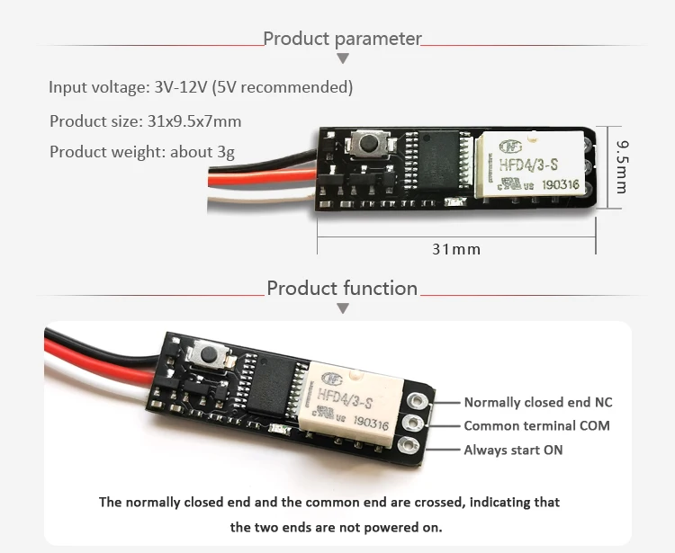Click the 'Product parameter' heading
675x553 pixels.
[342, 39]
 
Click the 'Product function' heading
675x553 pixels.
[342, 289]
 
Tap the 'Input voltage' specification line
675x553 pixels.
[201, 87]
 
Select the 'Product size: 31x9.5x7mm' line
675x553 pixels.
[145, 120]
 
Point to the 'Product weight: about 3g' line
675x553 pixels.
[141, 151]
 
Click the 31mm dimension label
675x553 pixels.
[456, 249]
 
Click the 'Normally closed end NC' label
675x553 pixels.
[537, 403]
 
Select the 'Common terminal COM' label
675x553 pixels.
[536, 426]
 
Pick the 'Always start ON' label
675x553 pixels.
[513, 450]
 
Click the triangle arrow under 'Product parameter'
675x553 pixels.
[342, 59]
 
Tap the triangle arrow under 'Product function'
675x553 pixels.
[342, 308]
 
